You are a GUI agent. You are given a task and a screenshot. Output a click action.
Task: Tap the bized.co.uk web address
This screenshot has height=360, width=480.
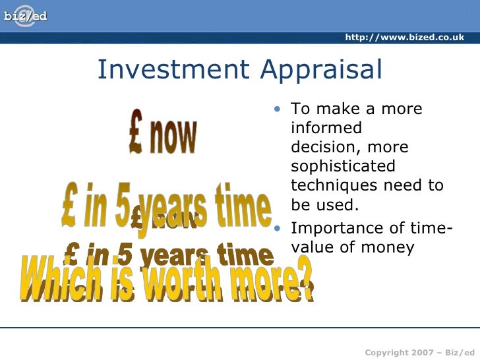[x=404, y=38]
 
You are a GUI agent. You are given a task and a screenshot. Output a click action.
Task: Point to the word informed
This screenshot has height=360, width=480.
[x=326, y=128]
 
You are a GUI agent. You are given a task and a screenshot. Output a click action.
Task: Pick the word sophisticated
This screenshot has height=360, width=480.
[x=343, y=166]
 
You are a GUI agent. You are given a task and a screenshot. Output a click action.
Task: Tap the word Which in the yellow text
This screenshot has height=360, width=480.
[x=61, y=278]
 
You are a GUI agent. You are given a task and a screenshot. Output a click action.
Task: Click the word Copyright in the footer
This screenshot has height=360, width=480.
[x=386, y=353]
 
